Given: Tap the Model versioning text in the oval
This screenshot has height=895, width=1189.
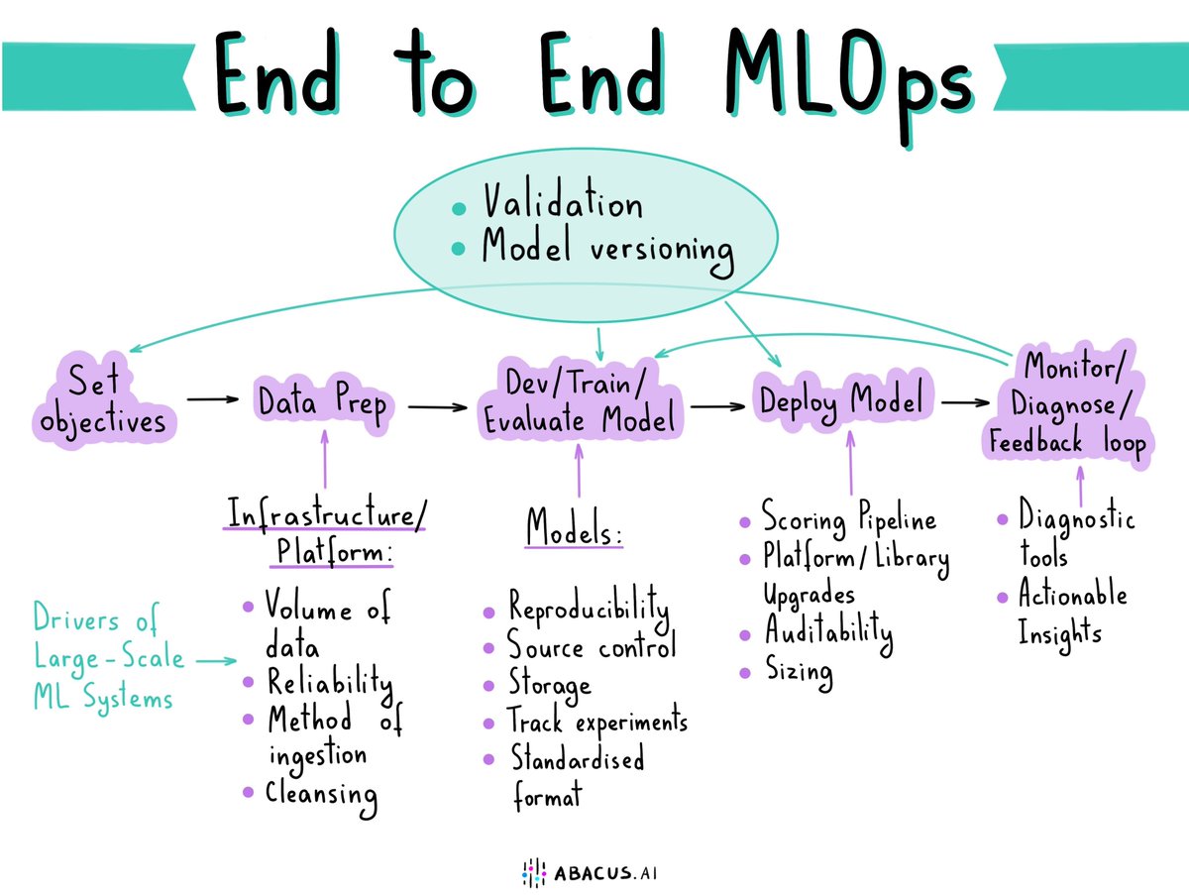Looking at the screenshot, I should coord(606,248).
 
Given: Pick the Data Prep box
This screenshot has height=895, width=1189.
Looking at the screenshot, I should coord(321,401).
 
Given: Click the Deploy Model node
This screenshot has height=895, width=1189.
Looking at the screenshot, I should coord(841,400).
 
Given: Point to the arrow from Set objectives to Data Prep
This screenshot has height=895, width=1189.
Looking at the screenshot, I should coord(213,399).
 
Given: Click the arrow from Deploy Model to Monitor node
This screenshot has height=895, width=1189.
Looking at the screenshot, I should coord(965,403).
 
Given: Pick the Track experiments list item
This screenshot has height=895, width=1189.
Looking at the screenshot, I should coord(596,722).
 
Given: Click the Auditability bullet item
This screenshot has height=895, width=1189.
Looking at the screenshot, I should coord(826,631).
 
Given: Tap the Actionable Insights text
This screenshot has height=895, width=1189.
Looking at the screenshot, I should coord(1072,613).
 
